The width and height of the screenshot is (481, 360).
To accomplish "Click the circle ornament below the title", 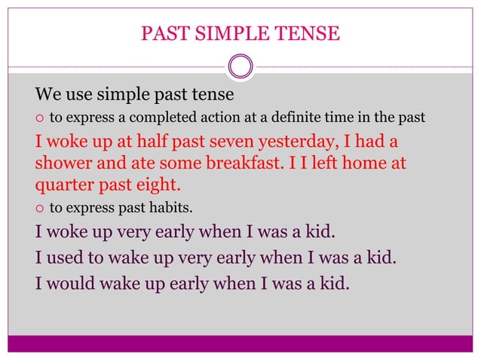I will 240,66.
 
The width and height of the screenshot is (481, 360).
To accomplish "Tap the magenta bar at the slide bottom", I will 240,343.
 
